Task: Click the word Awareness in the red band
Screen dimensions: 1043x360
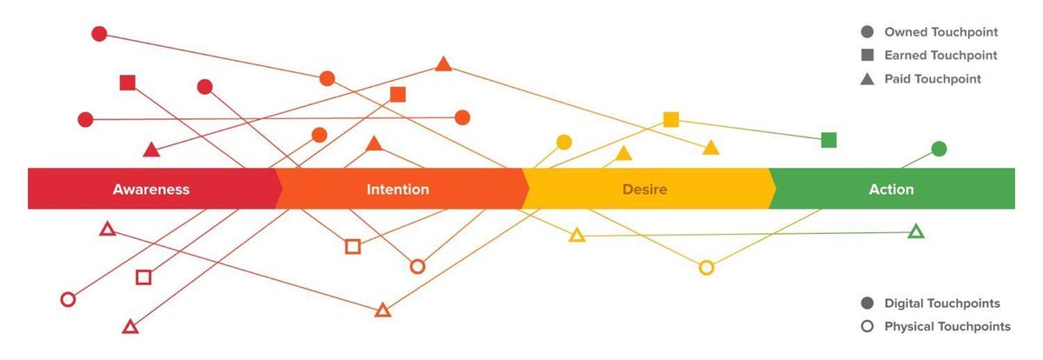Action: click(x=150, y=189)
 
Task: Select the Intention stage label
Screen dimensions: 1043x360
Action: click(x=397, y=189)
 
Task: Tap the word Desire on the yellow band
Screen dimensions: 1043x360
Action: click(x=644, y=189)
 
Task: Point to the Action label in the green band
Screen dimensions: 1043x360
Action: click(x=891, y=189)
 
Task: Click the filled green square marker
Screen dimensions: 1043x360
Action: click(x=829, y=139)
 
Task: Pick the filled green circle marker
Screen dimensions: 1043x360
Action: click(x=939, y=149)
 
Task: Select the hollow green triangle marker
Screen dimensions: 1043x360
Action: click(x=915, y=231)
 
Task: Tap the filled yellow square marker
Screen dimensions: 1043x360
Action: click(x=671, y=119)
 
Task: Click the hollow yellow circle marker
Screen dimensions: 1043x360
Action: click(x=707, y=268)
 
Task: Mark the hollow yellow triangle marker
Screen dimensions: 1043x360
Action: click(x=576, y=235)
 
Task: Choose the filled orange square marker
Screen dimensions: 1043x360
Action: click(x=398, y=94)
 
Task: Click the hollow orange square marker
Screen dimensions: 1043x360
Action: click(x=353, y=246)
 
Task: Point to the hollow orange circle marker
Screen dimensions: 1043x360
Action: click(x=417, y=266)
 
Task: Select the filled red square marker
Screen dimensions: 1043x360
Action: click(x=128, y=83)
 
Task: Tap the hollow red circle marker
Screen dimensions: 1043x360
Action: click(x=68, y=299)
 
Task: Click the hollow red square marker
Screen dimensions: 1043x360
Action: click(x=144, y=277)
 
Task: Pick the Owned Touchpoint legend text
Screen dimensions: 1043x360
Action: click(x=940, y=32)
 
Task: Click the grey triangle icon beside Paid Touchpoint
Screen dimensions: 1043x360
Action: click(x=867, y=79)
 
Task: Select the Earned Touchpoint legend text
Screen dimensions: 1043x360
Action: click(x=940, y=55)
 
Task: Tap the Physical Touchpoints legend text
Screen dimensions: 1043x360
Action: click(x=947, y=326)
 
